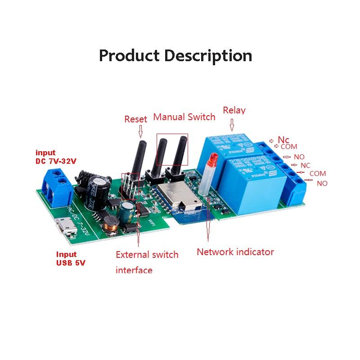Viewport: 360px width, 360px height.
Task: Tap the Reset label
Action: tap(135, 119)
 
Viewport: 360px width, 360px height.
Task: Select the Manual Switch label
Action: tap(184, 117)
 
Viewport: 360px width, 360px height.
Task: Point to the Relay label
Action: tap(234, 111)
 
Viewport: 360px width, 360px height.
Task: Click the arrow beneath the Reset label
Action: tap(140, 131)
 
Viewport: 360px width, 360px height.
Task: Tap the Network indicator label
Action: tap(235, 252)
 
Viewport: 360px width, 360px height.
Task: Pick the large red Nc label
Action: tap(283, 140)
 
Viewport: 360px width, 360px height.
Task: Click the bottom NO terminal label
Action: tap(322, 183)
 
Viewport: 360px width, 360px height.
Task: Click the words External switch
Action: tap(147, 255)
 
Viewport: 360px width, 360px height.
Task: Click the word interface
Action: tap(134, 270)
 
